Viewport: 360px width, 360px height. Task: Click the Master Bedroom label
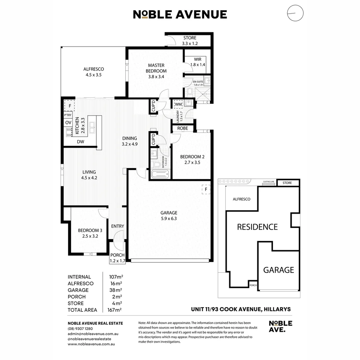[x=156, y=68]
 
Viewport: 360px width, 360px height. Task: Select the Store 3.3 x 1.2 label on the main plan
[x=189, y=41]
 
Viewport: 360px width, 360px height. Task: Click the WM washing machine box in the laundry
[x=178, y=105]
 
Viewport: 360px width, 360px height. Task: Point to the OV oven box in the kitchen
[x=68, y=123]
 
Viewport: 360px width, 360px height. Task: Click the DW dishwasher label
[x=80, y=142]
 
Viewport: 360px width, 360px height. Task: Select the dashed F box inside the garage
[x=206, y=189]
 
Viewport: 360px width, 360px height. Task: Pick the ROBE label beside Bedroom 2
[x=182, y=128]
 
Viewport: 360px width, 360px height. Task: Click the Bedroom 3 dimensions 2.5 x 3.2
[x=90, y=236]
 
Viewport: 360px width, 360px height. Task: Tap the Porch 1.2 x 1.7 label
[x=118, y=258]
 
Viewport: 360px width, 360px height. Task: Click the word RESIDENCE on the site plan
[x=257, y=227]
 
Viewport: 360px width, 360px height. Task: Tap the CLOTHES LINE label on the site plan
[x=268, y=182]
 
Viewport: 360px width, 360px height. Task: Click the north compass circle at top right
[x=295, y=14]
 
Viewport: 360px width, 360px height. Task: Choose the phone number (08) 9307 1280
[x=80, y=328]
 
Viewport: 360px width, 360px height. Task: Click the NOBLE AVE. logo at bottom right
[x=280, y=326]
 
